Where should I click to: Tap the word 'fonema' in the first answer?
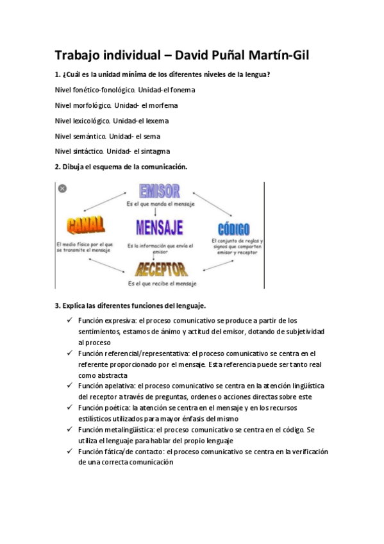click(183, 90)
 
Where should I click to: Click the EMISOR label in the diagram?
click(160, 192)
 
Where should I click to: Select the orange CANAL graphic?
click(85, 225)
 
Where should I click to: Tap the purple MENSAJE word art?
click(160, 227)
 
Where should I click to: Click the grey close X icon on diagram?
click(62, 189)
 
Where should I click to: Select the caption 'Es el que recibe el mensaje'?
click(162, 283)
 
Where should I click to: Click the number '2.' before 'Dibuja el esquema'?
click(58, 167)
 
